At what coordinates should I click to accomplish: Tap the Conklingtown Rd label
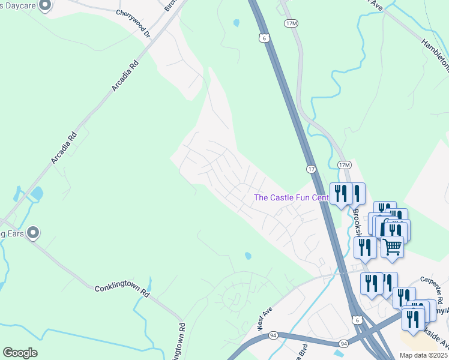[121, 292]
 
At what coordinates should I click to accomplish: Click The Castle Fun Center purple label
[291, 197]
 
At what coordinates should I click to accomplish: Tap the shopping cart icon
[392, 245]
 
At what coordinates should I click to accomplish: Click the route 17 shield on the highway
[310, 169]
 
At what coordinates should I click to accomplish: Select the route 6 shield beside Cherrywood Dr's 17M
[264, 37]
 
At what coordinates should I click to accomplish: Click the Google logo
[20, 353]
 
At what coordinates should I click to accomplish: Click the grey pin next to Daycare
[44, 6]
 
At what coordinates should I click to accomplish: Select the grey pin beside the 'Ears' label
[33, 232]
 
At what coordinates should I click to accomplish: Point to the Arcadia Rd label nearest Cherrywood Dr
[125, 76]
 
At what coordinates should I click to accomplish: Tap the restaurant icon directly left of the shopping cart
[365, 247]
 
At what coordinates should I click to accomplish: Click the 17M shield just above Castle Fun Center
[344, 164]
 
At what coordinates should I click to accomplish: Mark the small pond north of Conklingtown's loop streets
[248, 256]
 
